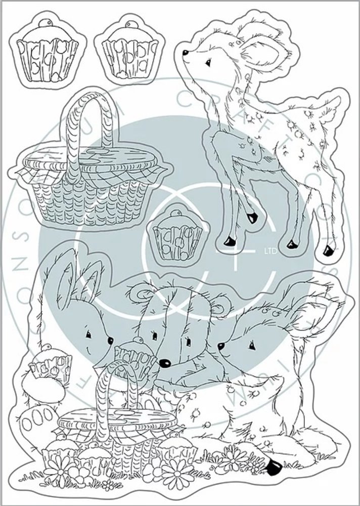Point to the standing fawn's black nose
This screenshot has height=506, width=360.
[x=186, y=52]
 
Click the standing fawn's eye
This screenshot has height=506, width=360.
[x=207, y=62]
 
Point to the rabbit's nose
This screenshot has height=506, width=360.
[x=110, y=342]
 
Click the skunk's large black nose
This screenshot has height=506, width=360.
[x=164, y=362]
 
